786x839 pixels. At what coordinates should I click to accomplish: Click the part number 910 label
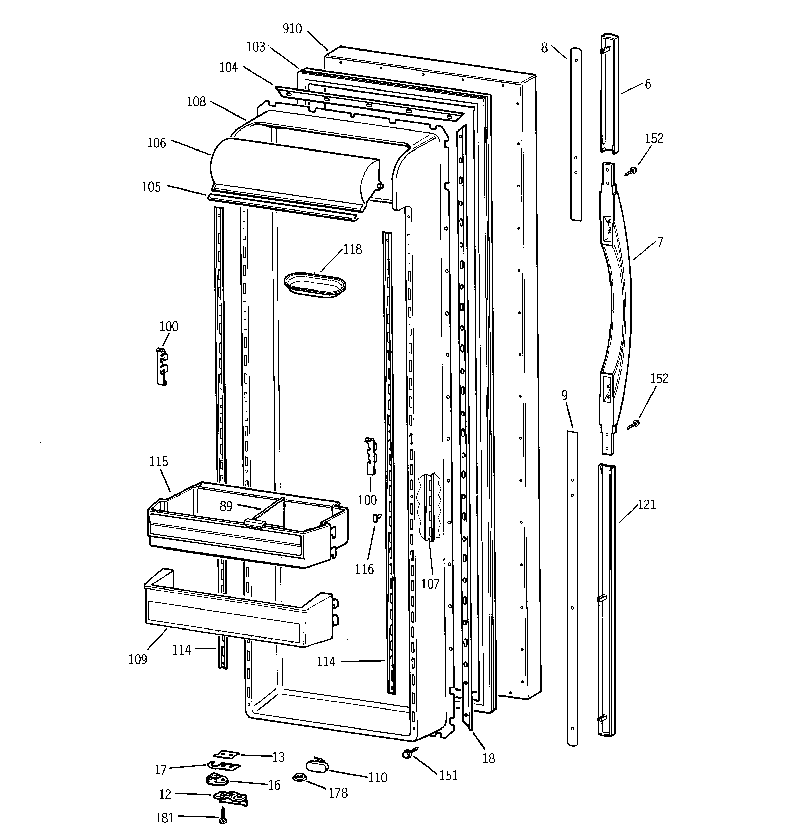point(292,29)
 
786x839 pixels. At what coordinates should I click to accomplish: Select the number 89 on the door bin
point(226,506)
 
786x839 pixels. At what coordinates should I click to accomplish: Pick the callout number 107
point(430,584)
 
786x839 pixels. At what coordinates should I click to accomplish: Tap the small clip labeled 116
point(376,517)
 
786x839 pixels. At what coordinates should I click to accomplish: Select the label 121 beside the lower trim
point(646,504)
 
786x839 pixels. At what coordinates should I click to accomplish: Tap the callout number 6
point(648,84)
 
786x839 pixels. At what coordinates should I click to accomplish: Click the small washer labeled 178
point(299,777)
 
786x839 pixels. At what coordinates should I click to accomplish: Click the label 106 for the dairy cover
point(157,143)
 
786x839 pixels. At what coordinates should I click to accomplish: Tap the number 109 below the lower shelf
point(138,659)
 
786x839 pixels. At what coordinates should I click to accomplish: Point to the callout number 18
point(489,758)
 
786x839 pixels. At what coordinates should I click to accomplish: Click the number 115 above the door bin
point(159,461)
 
